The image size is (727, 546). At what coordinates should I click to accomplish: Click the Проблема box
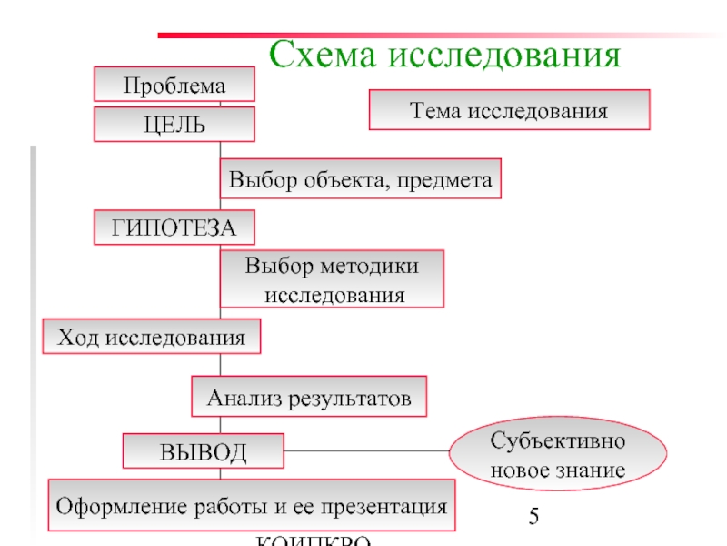(174, 86)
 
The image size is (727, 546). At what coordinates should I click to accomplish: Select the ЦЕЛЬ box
(174, 125)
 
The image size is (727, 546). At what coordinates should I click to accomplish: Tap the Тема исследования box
(509, 110)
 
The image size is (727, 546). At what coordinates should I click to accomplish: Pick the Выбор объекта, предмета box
(361, 179)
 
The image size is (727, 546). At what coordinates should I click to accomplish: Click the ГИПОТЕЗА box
(174, 227)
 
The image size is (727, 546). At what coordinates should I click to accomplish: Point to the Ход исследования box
(152, 337)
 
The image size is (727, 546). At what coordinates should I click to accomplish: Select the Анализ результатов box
(309, 398)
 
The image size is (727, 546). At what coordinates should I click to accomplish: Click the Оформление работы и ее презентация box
(252, 506)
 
